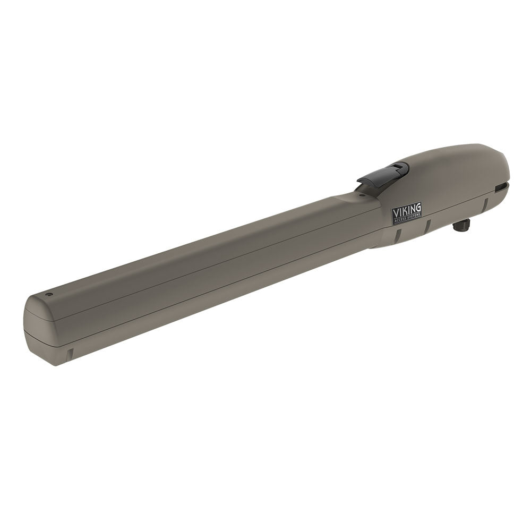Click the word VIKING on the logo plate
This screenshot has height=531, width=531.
pyautogui.click(x=406, y=211)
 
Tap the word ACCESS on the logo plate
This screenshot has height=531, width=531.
pyautogui.click(x=400, y=220)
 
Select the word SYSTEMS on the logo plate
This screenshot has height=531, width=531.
pyautogui.click(x=414, y=218)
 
